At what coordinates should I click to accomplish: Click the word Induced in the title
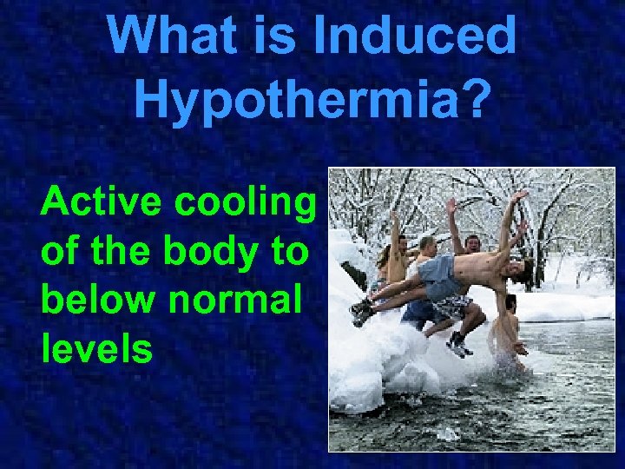416,36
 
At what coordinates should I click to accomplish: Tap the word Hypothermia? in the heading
312,99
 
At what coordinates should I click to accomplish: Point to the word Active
102,202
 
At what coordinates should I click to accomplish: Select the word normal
236,301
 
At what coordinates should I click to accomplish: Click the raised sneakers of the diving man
362,309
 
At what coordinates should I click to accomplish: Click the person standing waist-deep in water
508,334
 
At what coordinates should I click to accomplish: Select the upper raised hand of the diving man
519,196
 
